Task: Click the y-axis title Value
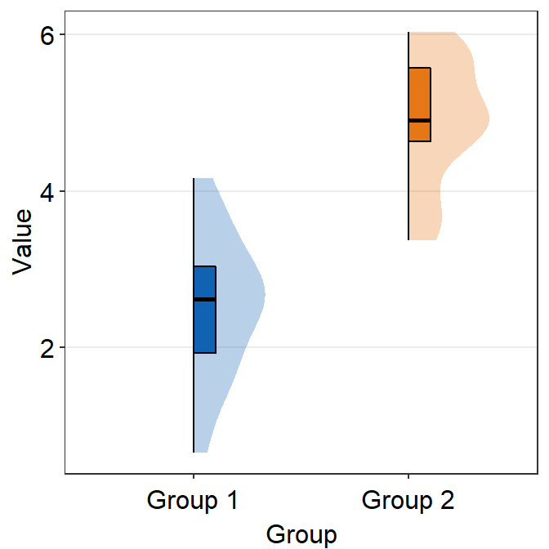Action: (23, 242)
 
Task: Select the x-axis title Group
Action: (301, 535)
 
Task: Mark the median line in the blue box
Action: (204, 300)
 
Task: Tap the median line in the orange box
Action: (419, 120)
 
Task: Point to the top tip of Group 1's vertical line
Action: (194, 178)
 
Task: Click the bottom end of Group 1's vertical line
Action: (194, 452)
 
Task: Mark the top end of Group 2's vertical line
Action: (408, 33)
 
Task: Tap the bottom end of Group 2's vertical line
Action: (408, 239)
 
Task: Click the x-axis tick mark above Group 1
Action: (194, 475)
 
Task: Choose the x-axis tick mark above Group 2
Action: (408, 475)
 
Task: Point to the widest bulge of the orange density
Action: (488, 118)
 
